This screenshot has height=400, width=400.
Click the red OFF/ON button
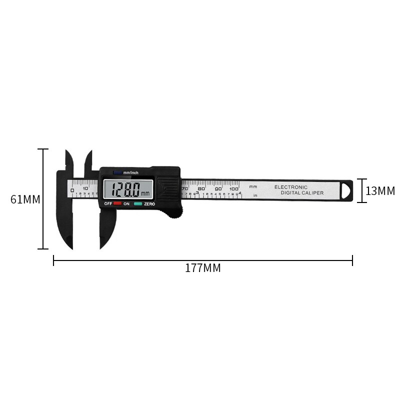point(117,203)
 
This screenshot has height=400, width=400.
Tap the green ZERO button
point(137,203)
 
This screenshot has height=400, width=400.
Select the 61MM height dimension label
point(25,199)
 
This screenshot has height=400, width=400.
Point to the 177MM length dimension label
point(202,268)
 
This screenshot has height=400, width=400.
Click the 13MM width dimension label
point(380,191)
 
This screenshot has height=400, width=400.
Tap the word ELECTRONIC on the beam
point(291,187)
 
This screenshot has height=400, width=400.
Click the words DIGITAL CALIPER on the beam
point(302,193)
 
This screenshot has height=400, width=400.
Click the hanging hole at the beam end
point(346,190)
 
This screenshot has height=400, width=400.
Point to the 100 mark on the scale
point(234,188)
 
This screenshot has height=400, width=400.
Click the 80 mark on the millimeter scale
point(201,188)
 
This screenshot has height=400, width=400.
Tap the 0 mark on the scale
point(72,190)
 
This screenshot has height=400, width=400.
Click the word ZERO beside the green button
point(149,204)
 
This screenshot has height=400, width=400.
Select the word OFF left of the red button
point(107,204)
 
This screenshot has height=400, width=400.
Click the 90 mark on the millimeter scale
point(218,188)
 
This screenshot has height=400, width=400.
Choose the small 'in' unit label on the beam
point(255,195)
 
